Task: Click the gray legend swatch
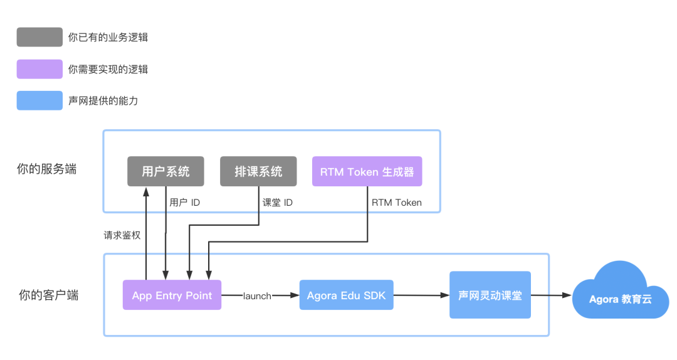[39, 37]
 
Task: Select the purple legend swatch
[39, 69]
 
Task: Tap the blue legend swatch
[39, 100]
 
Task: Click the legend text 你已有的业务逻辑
[108, 38]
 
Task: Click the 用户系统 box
[165, 171]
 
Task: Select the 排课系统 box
[258, 171]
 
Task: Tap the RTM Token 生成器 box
[367, 171]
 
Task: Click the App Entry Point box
[172, 295]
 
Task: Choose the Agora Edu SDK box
[346, 295]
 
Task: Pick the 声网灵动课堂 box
[490, 295]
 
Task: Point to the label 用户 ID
[185, 203]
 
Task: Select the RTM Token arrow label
[396, 203]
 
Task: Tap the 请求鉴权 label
[122, 235]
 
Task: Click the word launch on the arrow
[257, 296]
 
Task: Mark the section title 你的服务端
[47, 169]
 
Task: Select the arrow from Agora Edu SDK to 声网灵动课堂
[421, 295]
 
